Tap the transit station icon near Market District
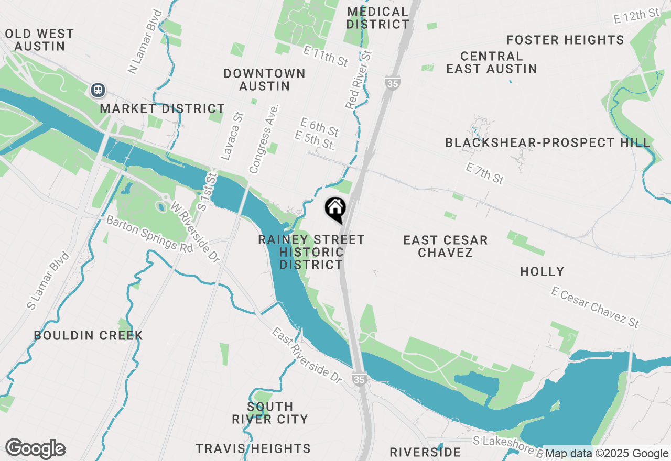[98, 90]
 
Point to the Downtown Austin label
[265, 80]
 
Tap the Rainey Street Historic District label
[311, 252]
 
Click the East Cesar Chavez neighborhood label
[446, 246]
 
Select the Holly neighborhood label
[542, 271]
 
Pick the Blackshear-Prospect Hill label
[547, 142]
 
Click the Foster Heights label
[565, 40]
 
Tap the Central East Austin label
[491, 62]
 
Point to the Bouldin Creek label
[89, 335]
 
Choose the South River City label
[270, 413]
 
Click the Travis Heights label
[253, 448]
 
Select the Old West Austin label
[39, 40]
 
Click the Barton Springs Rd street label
[149, 234]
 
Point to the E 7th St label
[485, 173]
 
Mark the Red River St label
[359, 80]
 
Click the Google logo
[35, 449]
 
